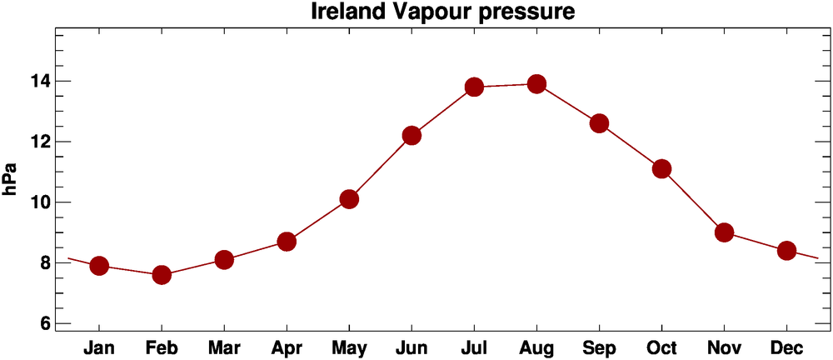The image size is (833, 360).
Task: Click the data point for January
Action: pyautogui.click(x=99, y=266)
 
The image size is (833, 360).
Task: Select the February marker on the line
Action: pyautogui.click(x=162, y=275)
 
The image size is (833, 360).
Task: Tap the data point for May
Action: pyautogui.click(x=349, y=199)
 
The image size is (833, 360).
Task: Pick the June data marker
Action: pyautogui.click(x=412, y=135)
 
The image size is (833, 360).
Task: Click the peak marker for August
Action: pyautogui.click(x=536, y=84)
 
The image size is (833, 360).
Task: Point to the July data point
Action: pyautogui.click(x=474, y=87)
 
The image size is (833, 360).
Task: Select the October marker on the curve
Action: pyautogui.click(x=661, y=169)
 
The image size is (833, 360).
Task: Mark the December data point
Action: pyautogui.click(x=786, y=251)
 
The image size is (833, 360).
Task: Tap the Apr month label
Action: pyautogui.click(x=287, y=347)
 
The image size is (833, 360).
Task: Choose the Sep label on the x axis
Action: pyautogui.click(x=599, y=347)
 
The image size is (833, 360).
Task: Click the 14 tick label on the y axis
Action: pyautogui.click(x=39, y=82)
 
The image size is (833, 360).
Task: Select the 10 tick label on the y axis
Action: pyautogui.click(x=39, y=202)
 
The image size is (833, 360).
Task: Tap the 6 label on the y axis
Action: pyautogui.click(x=43, y=324)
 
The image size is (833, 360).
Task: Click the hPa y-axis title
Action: pyautogui.click(x=11, y=179)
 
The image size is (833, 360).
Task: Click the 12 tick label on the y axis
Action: pyautogui.click(x=39, y=142)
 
